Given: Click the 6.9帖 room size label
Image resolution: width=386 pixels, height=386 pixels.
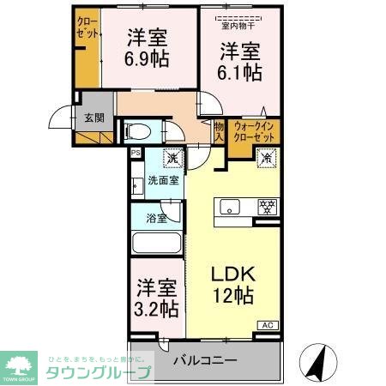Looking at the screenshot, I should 148,59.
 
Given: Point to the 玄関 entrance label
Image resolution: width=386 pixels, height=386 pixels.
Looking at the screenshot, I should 93,119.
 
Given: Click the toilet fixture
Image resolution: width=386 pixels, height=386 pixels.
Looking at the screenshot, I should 138,133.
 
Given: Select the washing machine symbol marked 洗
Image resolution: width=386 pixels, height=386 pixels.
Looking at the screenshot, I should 172,159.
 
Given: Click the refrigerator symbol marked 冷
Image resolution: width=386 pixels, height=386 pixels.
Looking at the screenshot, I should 266,158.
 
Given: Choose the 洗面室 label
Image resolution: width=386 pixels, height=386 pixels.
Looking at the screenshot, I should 162,181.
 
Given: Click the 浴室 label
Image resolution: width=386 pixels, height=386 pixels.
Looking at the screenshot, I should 156,218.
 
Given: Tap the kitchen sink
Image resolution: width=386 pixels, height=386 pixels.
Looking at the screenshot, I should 231,206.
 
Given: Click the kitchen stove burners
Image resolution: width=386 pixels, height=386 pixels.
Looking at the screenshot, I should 268,206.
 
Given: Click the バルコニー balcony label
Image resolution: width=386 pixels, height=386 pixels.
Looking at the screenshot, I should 204,359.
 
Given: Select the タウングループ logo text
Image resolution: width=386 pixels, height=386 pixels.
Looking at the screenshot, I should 100,372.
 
